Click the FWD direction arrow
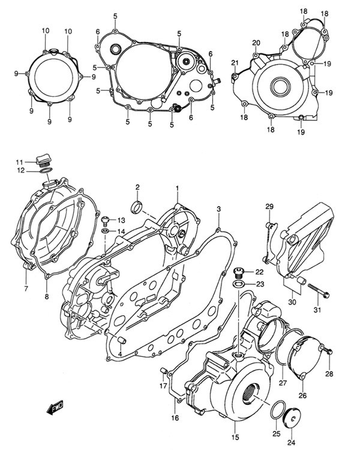pyautogui.click(x=55, y=408)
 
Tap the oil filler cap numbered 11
pyautogui.click(x=41, y=160)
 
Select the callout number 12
pyautogui.click(x=20, y=171)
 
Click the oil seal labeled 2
pyautogui.click(x=137, y=207)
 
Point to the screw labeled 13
pyautogui.click(x=105, y=219)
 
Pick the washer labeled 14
pyautogui.click(x=105, y=231)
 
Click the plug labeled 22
pyautogui.click(x=238, y=273)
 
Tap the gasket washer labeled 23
pyautogui.click(x=238, y=283)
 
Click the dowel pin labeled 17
pyautogui.click(x=163, y=371)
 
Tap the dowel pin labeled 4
pyautogui.click(x=121, y=340)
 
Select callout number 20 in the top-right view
pyautogui.click(x=256, y=43)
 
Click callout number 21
pyautogui.click(x=235, y=62)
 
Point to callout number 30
pyautogui.click(x=292, y=302)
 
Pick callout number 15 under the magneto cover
pyautogui.click(x=235, y=437)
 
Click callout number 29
pyautogui.click(x=269, y=207)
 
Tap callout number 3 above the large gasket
pyautogui.click(x=219, y=209)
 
